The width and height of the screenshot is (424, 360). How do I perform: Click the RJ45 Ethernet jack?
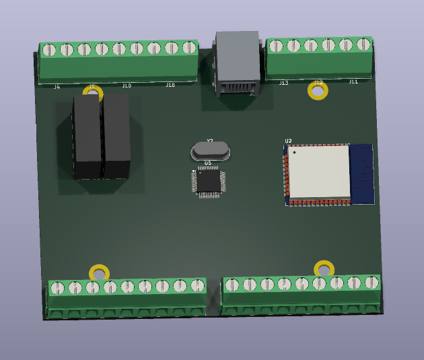pos(237,64)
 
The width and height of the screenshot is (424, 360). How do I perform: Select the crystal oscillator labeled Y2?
pos(211,151)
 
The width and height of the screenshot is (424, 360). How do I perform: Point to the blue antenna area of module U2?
pos(361,173)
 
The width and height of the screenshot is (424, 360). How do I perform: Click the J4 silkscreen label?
pos(57,87)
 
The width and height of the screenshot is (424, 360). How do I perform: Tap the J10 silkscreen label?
pos(127,86)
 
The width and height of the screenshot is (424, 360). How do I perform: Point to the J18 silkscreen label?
pos(170,85)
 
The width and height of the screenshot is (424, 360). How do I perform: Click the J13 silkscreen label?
pos(283,83)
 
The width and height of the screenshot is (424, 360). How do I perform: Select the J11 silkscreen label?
pos(353,81)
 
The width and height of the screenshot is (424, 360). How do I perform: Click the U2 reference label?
pos(288,141)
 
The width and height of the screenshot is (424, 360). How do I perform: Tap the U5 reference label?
pos(207,163)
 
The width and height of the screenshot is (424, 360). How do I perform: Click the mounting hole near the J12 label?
pos(318,91)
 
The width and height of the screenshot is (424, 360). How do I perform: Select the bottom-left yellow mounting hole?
pos(99,273)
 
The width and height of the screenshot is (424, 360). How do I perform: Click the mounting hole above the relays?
pos(93,93)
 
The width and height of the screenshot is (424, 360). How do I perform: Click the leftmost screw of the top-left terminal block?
pos(48,50)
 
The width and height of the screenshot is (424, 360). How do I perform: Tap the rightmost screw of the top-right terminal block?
pos(363,44)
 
